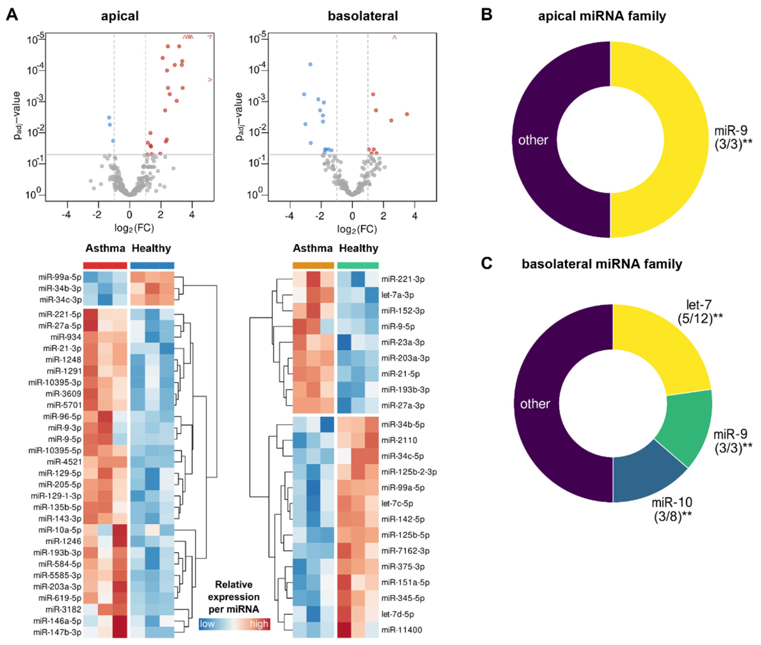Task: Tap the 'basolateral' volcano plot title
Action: (362, 16)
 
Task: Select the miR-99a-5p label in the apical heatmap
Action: (60, 277)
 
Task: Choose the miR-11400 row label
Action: (401, 630)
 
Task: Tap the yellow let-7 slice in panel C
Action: (659, 351)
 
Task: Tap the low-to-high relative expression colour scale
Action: (234, 624)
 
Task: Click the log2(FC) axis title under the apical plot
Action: (134, 228)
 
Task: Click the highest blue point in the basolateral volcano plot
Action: (310, 64)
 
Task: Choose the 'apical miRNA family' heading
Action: (602, 16)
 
